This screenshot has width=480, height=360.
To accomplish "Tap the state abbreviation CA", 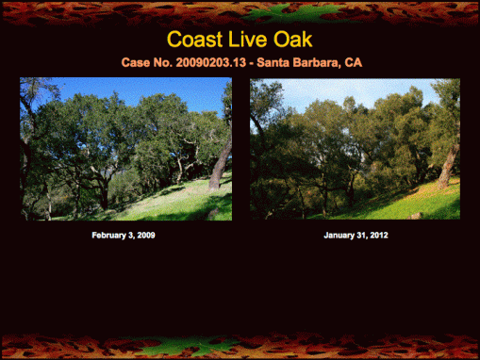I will pyautogui.click(x=353, y=62).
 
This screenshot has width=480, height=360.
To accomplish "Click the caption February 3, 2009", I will pyautogui.click(x=124, y=235).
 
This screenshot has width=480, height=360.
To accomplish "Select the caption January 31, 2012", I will pyautogui.click(x=355, y=235).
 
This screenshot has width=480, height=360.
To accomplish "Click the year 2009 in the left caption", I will pyautogui.click(x=144, y=235).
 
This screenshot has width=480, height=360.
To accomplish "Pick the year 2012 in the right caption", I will pyautogui.click(x=376, y=235).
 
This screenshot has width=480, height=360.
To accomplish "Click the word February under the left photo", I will pyautogui.click(x=108, y=235).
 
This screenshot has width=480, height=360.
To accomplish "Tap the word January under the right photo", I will pyautogui.click(x=339, y=235).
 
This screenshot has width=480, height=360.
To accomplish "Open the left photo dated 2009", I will pyautogui.click(x=125, y=149).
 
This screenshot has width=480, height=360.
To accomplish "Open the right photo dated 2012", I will pyautogui.click(x=355, y=149).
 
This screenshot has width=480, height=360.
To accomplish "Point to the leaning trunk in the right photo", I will pyautogui.click(x=449, y=162).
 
